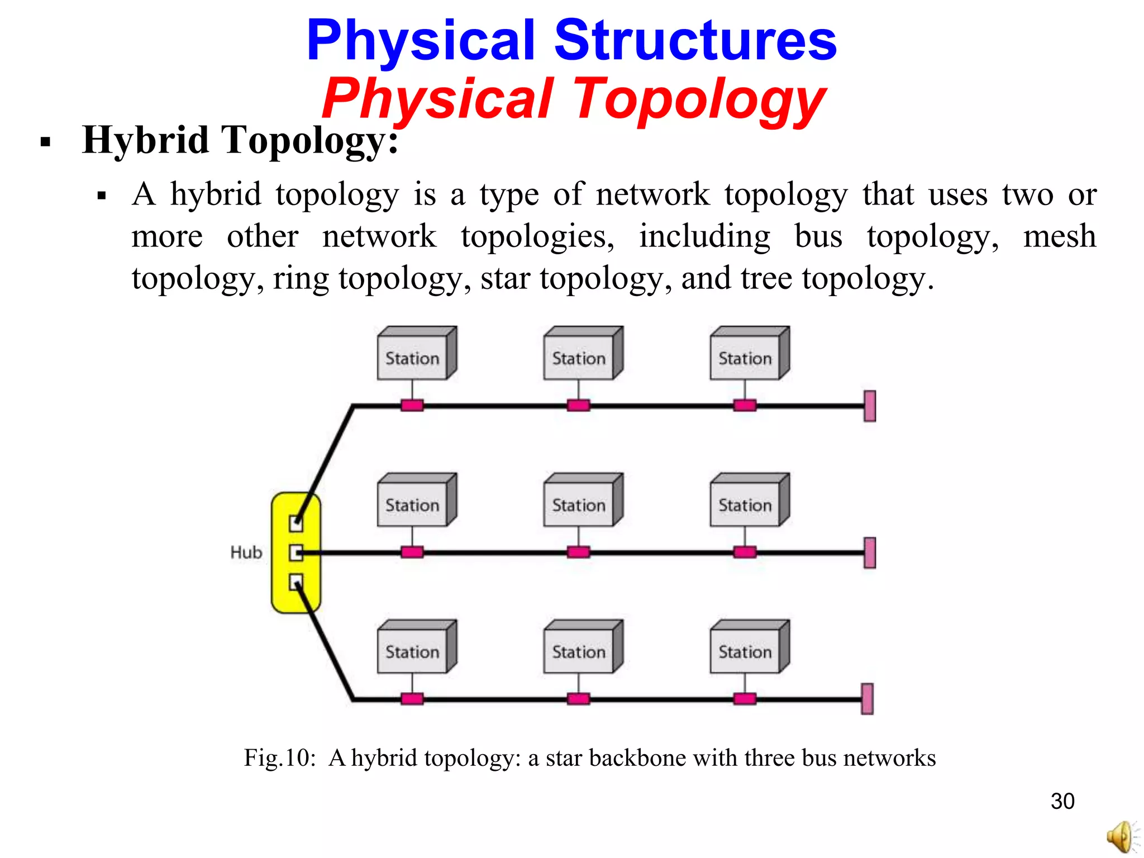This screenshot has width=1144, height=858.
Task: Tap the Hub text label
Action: coord(246,552)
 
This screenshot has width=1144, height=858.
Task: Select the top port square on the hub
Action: coord(296,523)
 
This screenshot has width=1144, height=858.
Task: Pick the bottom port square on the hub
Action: coord(296,583)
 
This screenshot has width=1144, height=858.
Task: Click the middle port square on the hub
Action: coord(296,553)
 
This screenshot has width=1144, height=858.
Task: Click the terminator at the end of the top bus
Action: coord(870,406)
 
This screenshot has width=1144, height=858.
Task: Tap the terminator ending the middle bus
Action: coord(870,553)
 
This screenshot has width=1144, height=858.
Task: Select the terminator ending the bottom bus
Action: coord(867,699)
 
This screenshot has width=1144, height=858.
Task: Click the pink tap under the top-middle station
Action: coord(578,406)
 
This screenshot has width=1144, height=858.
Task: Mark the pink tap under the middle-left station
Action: coord(412,552)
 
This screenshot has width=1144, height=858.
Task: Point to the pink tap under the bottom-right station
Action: coord(745,699)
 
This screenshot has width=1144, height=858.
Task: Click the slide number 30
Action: coord(1062,801)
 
